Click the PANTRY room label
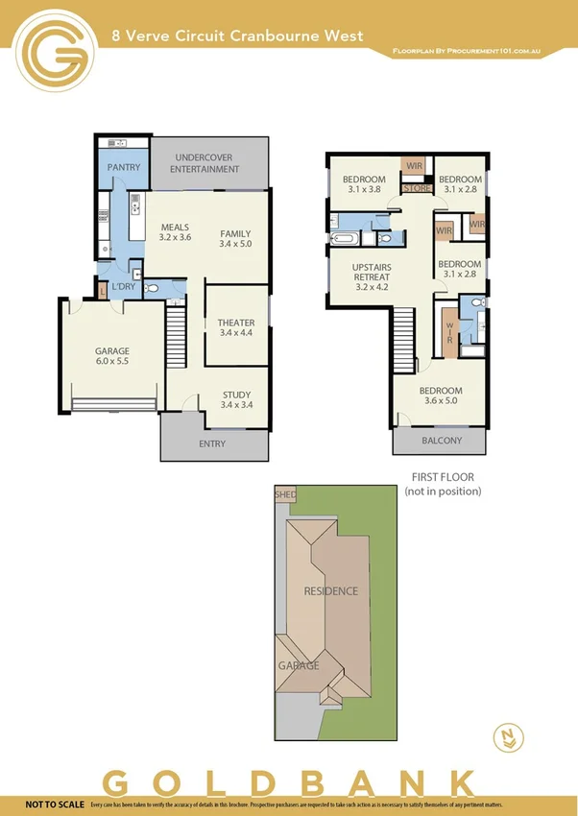124,167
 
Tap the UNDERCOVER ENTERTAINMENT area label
205,163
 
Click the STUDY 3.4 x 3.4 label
236,400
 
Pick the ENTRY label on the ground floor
212,444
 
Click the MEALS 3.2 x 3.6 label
175,232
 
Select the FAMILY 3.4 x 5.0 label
235,239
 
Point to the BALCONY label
442,441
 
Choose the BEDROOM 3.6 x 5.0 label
441,396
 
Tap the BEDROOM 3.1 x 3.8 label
364,184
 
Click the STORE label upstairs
416,189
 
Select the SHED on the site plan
285,494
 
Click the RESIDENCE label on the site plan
330,590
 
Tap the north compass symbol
509,735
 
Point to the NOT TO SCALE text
54,804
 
